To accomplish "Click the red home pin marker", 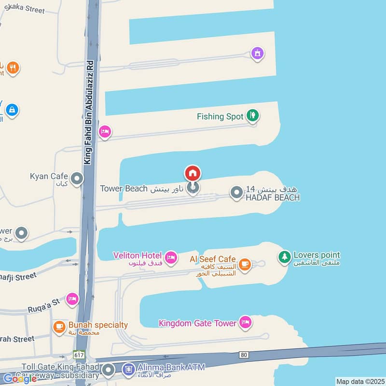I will pyautogui.click(x=193, y=173).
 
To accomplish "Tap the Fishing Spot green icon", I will pyautogui.click(x=252, y=115).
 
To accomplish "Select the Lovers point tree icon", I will pyautogui.click(x=285, y=257).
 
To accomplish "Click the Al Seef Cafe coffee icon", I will pyautogui.click(x=245, y=263).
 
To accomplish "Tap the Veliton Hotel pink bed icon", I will pyautogui.click(x=170, y=258).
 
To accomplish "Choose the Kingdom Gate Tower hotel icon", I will pyautogui.click(x=246, y=322).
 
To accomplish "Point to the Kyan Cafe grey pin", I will pyautogui.click(x=76, y=179).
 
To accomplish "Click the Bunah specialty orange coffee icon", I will pyautogui.click(x=59, y=327).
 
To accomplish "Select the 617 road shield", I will pyautogui.click(x=79, y=354).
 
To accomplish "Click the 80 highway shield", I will pyautogui.click(x=244, y=355).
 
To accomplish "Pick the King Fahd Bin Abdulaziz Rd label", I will pyautogui.click(x=89, y=112).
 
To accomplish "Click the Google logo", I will pyautogui.click(x=20, y=378).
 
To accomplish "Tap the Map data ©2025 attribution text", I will pyautogui.click(x=360, y=381).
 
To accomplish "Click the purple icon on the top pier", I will pyautogui.click(x=258, y=53).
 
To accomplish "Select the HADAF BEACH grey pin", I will pyautogui.click(x=236, y=193).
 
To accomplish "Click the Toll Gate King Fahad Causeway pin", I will pyautogui.click(x=108, y=371).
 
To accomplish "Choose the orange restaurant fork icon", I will pyautogui.click(x=13, y=68).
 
